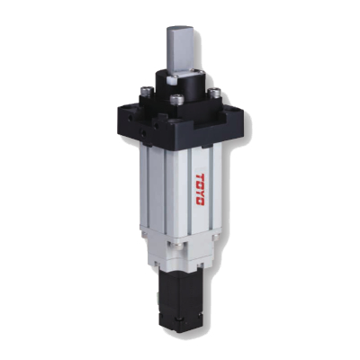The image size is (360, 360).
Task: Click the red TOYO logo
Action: (x=200, y=190)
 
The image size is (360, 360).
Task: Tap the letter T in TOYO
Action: (x=200, y=176)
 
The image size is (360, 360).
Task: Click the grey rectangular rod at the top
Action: (x=181, y=50)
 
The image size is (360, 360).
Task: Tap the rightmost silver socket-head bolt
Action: (x=215, y=93)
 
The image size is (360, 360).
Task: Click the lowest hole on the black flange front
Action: (x=144, y=132)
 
